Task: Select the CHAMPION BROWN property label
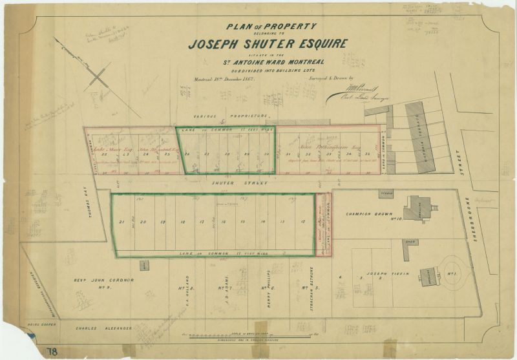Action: pyautogui.click(x=367, y=214)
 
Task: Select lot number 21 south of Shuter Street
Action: pyautogui.click(x=121, y=222)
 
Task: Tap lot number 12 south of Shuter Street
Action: pyautogui.click(x=302, y=222)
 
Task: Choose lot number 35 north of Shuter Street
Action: pyautogui.click(x=367, y=154)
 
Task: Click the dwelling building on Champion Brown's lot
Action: pyautogui.click(x=417, y=211)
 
